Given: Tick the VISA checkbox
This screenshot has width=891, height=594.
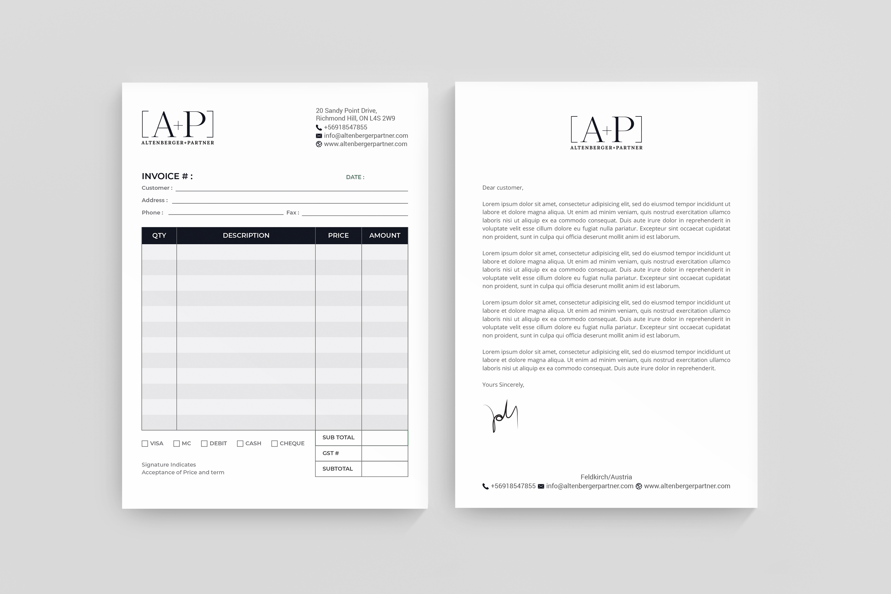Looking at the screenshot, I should point(145,444).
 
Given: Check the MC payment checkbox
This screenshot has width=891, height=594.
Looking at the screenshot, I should point(176,444).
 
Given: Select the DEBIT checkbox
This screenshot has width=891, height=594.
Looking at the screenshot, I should point(204,444).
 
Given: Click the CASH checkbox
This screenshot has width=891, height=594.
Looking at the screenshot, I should point(240,444).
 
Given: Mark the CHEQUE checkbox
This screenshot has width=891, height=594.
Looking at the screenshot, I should point(275,444).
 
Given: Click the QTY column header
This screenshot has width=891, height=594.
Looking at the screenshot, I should point(159,236).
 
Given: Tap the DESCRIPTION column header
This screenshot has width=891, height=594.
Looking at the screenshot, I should point(246,236).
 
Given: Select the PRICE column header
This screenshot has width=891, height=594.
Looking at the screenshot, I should point(338,236).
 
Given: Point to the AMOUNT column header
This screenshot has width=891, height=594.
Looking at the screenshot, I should point(385,236).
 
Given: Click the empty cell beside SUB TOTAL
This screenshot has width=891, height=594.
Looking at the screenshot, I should point(385,438).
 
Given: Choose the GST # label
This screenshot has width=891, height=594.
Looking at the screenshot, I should point(331,454).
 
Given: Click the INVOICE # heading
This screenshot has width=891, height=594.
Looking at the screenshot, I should point(167,176).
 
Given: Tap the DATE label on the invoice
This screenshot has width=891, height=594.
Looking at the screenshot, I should point(355,177).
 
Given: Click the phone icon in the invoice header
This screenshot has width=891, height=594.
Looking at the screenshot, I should point(319,128).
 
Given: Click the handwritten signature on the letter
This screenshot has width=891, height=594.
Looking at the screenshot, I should point(501,416).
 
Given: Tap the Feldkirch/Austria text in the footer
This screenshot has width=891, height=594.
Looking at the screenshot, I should point(606,477).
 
